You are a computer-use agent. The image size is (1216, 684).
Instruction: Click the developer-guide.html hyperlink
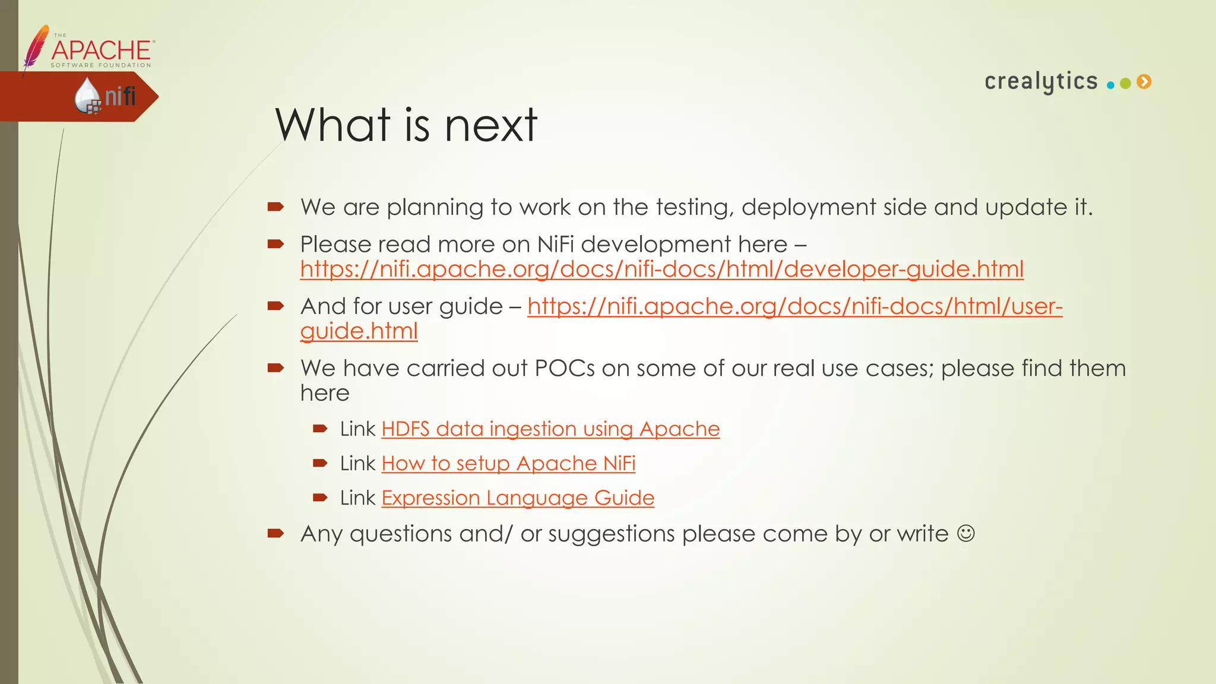click(x=661, y=269)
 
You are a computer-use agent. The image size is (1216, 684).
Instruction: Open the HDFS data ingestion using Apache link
click(x=550, y=429)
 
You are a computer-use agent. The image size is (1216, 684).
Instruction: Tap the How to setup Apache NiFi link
click(x=508, y=463)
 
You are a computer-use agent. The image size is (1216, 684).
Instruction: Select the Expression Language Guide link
click(x=518, y=498)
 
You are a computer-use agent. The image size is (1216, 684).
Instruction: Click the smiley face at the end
click(x=966, y=533)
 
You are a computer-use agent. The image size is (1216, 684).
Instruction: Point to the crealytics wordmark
click(x=1041, y=81)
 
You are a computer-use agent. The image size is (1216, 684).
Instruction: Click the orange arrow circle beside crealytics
click(x=1144, y=82)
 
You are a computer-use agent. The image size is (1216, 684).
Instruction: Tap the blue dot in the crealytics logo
click(x=1110, y=85)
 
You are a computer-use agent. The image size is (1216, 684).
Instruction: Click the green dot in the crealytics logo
click(x=1125, y=84)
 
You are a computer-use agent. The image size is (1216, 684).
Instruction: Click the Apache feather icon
click(x=36, y=47)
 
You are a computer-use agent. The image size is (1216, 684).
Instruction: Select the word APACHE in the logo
click(x=101, y=50)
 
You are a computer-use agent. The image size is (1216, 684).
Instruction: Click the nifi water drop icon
click(x=87, y=95)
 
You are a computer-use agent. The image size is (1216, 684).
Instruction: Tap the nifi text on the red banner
click(x=121, y=96)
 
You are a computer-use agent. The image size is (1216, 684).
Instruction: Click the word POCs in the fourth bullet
click(x=564, y=368)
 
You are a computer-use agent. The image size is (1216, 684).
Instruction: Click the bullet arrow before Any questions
click(x=275, y=533)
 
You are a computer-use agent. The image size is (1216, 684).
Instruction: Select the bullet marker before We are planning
click(x=275, y=207)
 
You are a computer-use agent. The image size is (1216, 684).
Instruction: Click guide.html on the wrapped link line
click(x=359, y=331)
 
